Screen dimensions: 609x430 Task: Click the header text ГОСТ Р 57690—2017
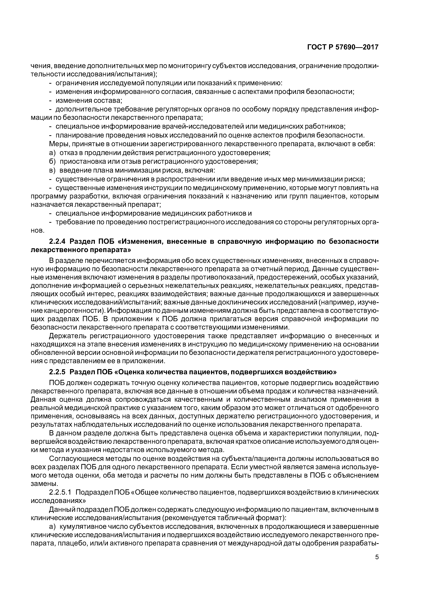343,47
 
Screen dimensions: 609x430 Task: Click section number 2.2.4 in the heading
58,241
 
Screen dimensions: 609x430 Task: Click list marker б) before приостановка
53,161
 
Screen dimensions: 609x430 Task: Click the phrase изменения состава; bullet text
89,101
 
